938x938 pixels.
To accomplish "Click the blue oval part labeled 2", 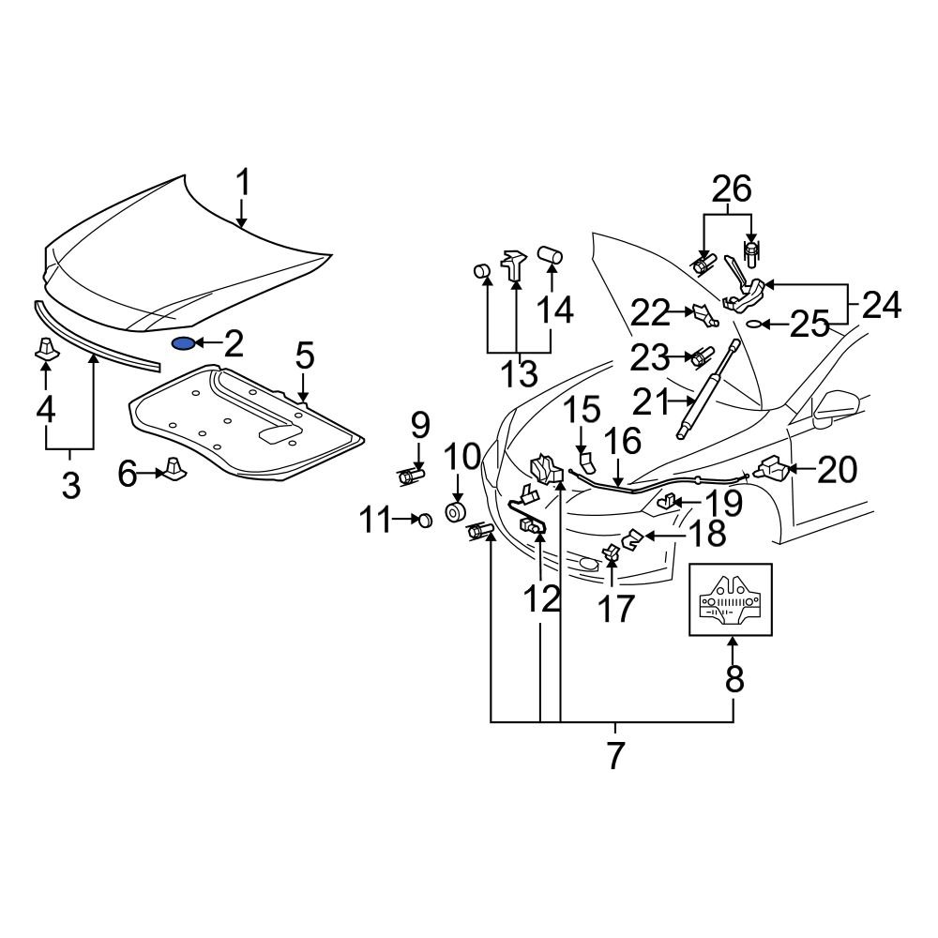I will coord(184,344).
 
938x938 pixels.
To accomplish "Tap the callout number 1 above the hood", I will coord(243,183).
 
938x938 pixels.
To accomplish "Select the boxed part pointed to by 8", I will coord(732,600).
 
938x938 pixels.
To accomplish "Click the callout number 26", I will coord(732,190).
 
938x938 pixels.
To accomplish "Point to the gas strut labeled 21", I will coord(696,403).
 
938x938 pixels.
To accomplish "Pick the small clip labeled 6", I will coord(173,468).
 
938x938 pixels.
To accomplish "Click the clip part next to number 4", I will coord(45,349).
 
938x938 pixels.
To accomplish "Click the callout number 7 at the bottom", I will coord(615,755).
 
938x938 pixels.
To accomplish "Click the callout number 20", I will coord(838,469).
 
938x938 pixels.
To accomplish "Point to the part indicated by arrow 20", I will coord(774,465).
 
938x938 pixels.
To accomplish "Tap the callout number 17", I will coord(616,609).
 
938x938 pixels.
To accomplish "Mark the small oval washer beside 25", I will coord(753,325).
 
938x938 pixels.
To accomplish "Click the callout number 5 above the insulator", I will coord(305,357).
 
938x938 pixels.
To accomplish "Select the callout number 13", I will coord(518,374).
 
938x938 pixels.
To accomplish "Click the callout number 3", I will coord(71,485).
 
